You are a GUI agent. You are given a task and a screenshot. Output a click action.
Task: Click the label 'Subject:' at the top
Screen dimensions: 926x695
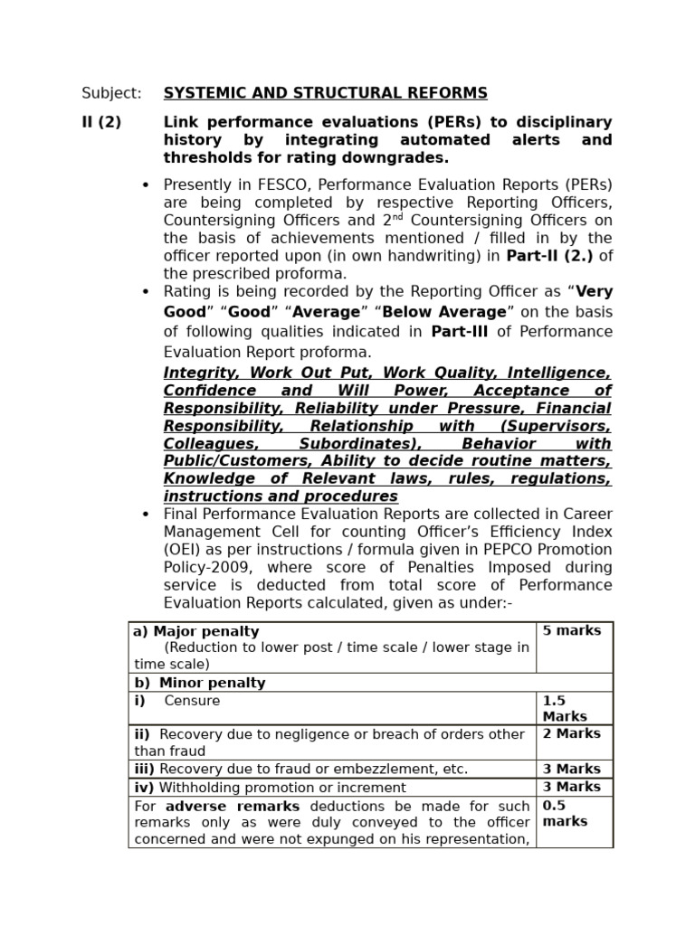[x=111, y=93]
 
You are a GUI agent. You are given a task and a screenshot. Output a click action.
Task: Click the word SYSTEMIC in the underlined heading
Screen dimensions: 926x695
[x=201, y=93]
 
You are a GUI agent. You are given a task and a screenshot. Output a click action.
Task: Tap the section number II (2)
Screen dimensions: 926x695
[x=101, y=122]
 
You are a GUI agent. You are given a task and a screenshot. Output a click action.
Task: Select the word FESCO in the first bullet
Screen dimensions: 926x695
[x=263, y=184]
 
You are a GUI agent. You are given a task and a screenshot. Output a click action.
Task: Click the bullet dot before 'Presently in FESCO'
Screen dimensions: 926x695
[x=146, y=185]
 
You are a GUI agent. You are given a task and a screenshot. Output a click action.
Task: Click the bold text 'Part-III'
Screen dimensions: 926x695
[x=459, y=331]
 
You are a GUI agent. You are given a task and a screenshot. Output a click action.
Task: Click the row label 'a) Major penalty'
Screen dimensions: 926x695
[x=196, y=631]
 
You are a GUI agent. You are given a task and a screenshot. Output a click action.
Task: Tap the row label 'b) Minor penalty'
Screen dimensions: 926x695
[x=200, y=683]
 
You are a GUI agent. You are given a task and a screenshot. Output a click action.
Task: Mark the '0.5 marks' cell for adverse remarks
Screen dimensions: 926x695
[x=565, y=813]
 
